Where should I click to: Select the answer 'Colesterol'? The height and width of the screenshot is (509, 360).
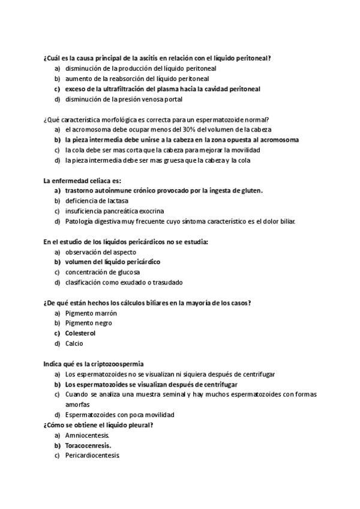coord(80,333)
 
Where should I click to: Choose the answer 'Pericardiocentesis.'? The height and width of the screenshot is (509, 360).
coord(93,456)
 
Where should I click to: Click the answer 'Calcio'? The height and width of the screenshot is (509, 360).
coord(74,343)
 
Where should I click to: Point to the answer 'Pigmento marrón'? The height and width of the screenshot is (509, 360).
coord(91,313)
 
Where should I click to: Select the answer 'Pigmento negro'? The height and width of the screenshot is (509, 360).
coord(89,323)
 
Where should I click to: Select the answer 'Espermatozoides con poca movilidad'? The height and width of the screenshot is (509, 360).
coord(119,415)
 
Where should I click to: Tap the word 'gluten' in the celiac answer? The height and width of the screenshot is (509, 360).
coord(252,190)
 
